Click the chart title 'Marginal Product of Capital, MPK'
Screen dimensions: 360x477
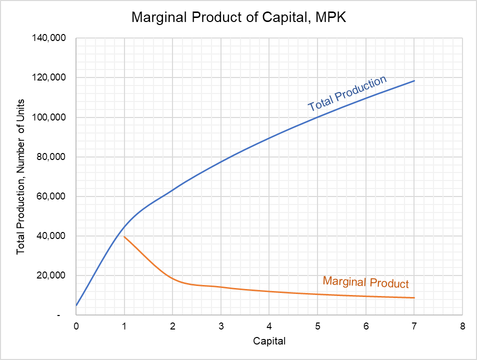[x=238, y=18]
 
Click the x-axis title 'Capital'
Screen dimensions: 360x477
[x=269, y=342]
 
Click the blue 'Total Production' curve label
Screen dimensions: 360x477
[x=347, y=93]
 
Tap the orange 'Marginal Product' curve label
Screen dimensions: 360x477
[x=365, y=282]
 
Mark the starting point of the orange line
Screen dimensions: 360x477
[x=124, y=236]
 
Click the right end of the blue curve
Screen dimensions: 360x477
[x=414, y=80]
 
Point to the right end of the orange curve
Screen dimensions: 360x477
[x=414, y=298]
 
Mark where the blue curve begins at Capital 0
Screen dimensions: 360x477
[x=76, y=305]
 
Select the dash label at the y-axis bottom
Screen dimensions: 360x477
[x=59, y=315]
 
